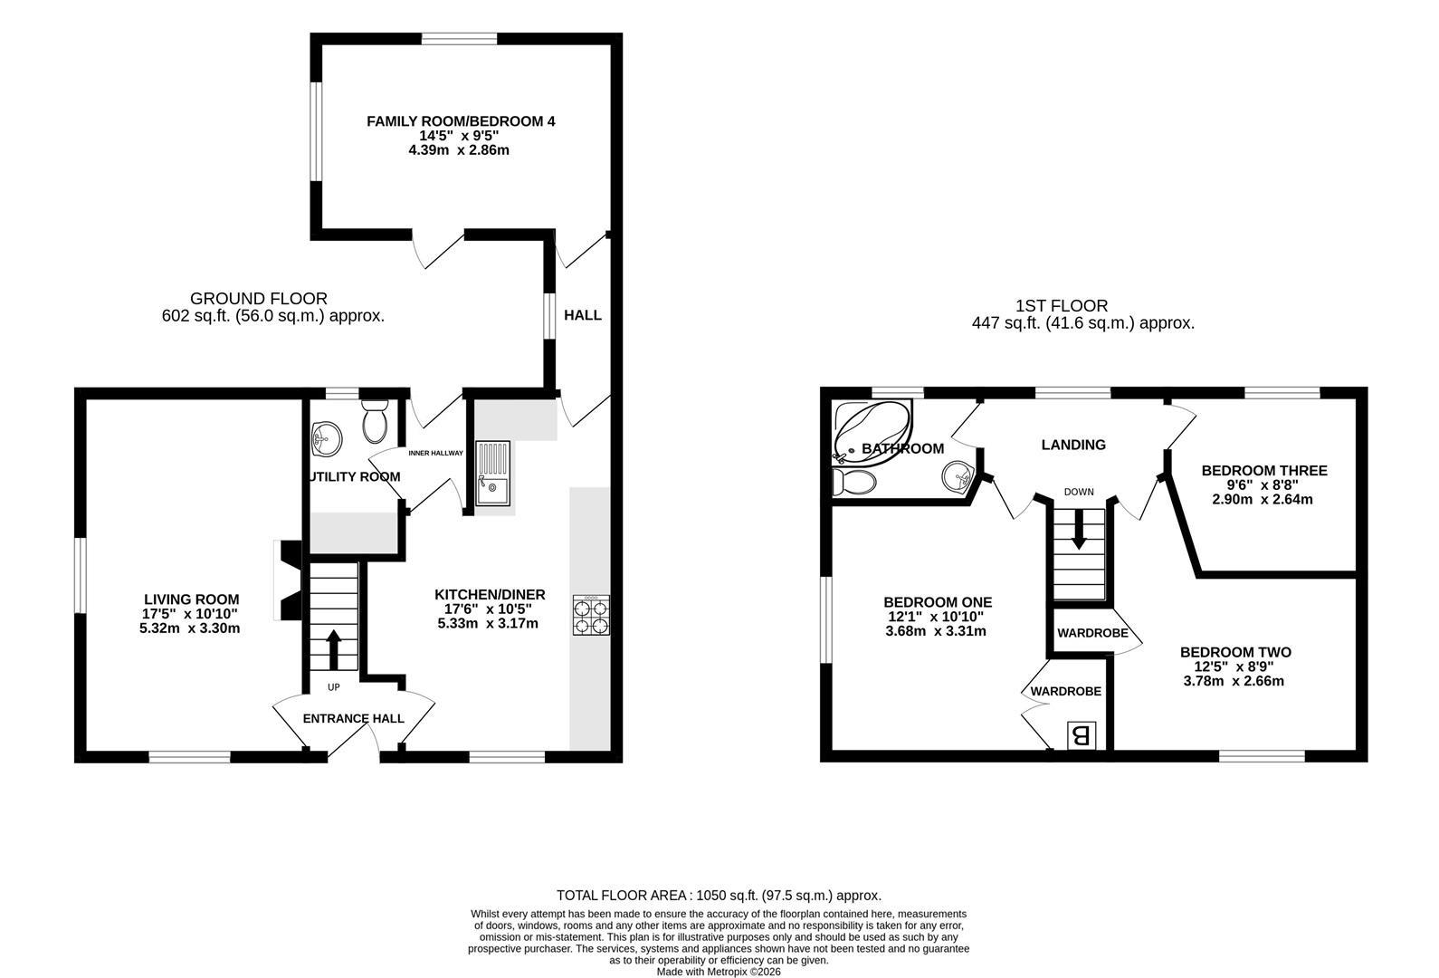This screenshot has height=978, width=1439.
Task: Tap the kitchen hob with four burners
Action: [x=591, y=617]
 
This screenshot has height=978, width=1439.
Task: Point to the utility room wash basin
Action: [x=325, y=441]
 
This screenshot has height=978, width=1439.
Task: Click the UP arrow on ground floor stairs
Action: [x=333, y=648]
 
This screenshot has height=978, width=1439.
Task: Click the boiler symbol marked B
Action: [x=1081, y=735]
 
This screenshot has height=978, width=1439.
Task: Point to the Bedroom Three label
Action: [x=1263, y=471]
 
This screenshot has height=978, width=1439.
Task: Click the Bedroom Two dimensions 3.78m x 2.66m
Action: [x=1234, y=681]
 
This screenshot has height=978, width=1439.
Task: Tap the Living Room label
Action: [x=191, y=599]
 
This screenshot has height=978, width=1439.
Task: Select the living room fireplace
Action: [x=289, y=581]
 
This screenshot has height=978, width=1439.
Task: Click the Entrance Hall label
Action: [x=353, y=719]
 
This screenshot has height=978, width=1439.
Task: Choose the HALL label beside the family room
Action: [x=582, y=315]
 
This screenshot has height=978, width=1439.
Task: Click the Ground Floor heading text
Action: [x=259, y=299]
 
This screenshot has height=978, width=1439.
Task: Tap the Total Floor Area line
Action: [x=719, y=895]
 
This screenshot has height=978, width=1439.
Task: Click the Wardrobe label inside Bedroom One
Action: [x=1065, y=691]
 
